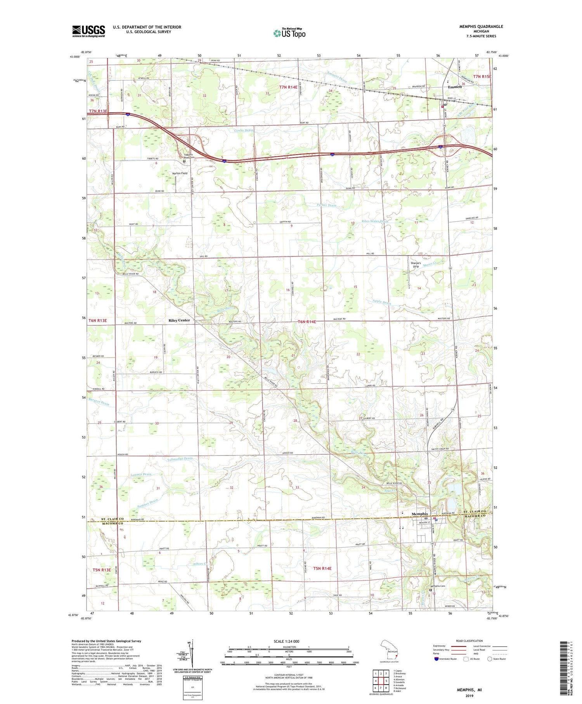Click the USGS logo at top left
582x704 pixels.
(x=88, y=31)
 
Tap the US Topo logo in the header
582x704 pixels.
(x=289, y=33)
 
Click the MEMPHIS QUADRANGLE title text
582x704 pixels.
(x=481, y=26)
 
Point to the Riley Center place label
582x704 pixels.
(x=179, y=320)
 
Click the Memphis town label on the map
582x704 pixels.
(x=419, y=514)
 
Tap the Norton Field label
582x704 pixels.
(x=180, y=173)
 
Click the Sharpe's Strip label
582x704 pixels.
(x=416, y=265)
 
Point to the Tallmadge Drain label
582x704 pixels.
(x=180, y=459)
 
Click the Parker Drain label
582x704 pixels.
(x=326, y=205)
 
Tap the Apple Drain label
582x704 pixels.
(x=382, y=302)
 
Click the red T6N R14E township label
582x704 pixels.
(x=307, y=322)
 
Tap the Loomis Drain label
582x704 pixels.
(x=141, y=475)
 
